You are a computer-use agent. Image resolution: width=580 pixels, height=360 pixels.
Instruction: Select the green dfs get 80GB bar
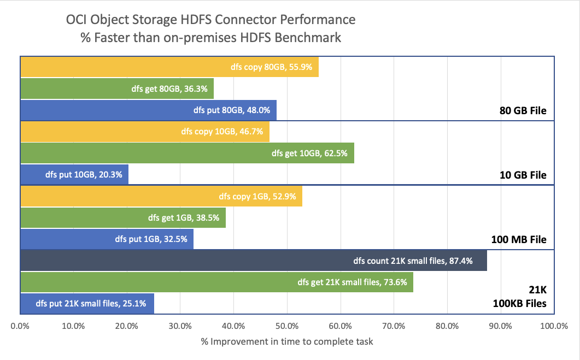(117, 88)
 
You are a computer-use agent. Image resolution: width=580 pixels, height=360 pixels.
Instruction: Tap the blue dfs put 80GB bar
(148, 110)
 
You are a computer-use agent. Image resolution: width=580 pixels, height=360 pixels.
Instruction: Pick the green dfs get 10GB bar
(187, 153)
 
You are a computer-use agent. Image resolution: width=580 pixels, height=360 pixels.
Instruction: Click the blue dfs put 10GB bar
(74, 174)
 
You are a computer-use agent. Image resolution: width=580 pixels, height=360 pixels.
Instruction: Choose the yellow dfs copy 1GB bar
(161, 196)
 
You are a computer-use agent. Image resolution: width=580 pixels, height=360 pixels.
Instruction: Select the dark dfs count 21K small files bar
(254, 261)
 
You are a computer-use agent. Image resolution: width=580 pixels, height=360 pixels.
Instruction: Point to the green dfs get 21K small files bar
(216, 282)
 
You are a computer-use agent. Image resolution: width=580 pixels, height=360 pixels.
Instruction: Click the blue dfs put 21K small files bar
(87, 303)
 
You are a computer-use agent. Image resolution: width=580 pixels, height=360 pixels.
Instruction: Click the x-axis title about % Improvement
(287, 342)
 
